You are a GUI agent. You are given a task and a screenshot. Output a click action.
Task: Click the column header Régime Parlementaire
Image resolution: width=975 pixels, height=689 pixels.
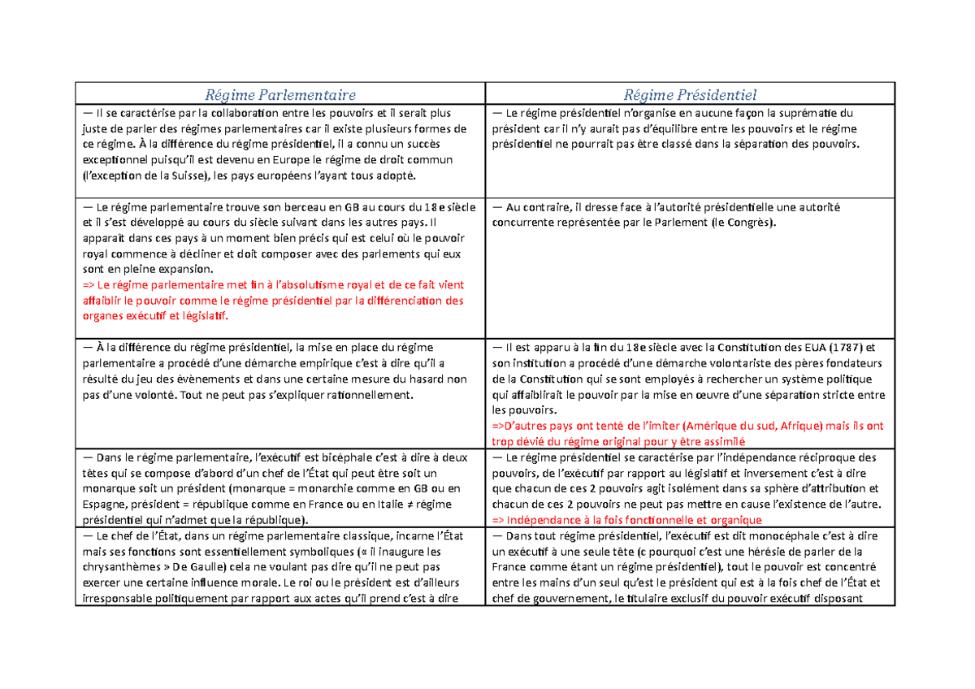coord(279,95)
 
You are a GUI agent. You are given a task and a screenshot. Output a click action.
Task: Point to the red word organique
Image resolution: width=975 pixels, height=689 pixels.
coord(734,520)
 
